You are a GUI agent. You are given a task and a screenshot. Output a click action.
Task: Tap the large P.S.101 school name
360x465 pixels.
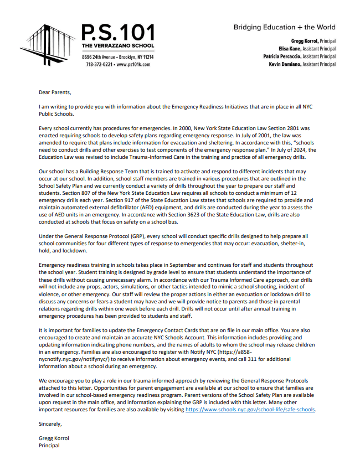tap(118, 31)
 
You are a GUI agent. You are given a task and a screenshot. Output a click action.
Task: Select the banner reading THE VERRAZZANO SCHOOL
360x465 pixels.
tap(118, 45)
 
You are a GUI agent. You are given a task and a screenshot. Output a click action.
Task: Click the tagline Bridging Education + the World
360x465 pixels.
tap(284, 27)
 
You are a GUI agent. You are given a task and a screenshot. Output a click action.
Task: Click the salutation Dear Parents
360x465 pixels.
tap(55, 92)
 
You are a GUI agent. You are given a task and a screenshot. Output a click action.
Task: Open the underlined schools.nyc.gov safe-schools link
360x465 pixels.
tap(250, 410)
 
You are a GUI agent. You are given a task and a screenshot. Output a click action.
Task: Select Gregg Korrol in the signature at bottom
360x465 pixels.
tap(54, 438)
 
